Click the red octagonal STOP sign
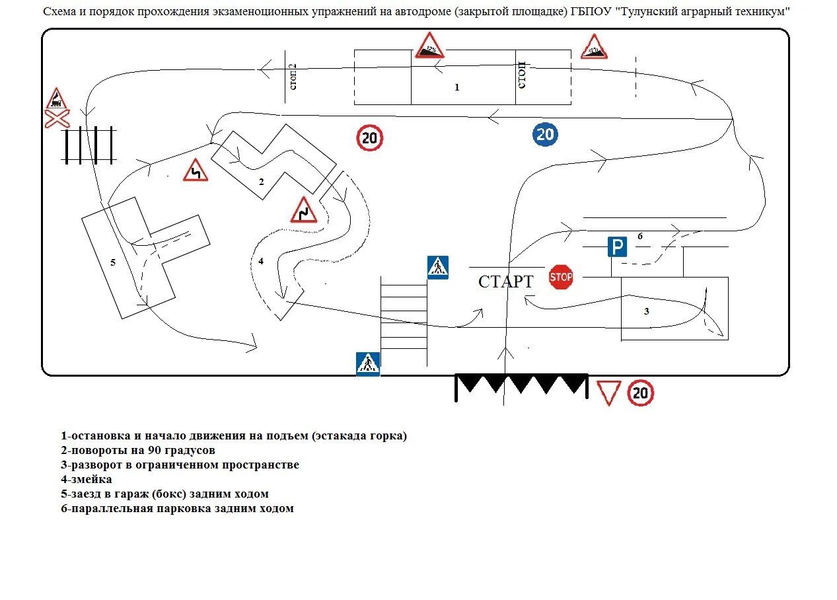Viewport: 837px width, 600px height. tap(561, 277)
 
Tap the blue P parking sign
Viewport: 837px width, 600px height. tap(617, 248)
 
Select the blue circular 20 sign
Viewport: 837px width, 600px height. tap(545, 135)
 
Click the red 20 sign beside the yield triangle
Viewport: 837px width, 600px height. tap(640, 393)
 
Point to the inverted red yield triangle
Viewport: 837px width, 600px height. tap(608, 392)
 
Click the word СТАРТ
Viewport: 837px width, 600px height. tap(505, 281)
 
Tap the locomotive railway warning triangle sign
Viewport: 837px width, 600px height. tap(57, 100)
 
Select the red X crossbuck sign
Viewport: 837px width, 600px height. tap(57, 120)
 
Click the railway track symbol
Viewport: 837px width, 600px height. tap(89, 145)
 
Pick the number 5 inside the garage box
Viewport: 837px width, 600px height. tap(113, 262)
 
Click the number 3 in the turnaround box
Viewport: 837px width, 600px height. tap(647, 311)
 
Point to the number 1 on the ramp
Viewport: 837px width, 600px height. tap(456, 87)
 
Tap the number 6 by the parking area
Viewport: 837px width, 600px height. tap(639, 236)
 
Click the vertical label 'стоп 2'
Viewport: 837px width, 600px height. tap(293, 77)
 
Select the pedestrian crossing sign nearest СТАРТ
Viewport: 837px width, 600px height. tap(437, 267)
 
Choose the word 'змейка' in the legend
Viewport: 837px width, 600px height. tap(91, 479)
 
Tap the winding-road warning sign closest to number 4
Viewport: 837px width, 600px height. tap(304, 209)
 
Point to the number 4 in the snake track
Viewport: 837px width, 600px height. tap(261, 262)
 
